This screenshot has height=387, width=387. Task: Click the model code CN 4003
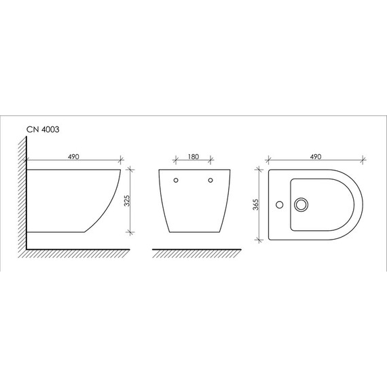43,129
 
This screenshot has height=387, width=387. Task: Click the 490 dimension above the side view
73,157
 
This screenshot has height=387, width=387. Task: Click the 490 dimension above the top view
316,157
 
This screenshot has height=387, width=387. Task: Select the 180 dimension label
193,157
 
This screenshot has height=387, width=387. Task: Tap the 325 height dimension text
127,201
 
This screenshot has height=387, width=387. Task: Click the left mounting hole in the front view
176,180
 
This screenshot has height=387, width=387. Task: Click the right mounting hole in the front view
210,180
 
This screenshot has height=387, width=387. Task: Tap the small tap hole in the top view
280,204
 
